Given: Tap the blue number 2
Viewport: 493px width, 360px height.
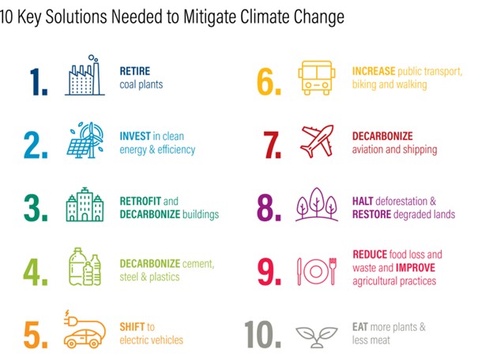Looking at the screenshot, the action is (x=36, y=145).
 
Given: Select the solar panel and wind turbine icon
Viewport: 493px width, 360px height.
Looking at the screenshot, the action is (x=85, y=140).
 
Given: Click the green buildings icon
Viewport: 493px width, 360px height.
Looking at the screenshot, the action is (x=85, y=204).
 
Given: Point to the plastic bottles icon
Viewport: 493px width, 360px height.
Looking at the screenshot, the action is (x=85, y=267).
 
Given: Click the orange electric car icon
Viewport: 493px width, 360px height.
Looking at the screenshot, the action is (x=85, y=329).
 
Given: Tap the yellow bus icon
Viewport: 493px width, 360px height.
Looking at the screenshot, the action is (x=317, y=78).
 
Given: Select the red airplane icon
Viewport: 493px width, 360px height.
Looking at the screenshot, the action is (x=317, y=141).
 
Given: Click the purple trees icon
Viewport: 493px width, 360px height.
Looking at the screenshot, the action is (x=317, y=204).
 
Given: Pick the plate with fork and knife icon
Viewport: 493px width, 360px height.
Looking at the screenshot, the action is (x=317, y=271).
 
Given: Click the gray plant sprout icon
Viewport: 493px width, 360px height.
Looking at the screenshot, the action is (x=317, y=337).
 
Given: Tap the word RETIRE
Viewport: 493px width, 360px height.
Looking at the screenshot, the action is (x=135, y=71).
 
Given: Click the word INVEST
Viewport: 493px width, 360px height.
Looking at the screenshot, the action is (x=135, y=137).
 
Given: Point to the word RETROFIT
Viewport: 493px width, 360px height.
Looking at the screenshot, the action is (x=140, y=201).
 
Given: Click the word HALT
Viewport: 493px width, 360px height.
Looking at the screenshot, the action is (x=363, y=201).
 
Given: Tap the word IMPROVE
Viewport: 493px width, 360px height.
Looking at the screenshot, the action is (x=416, y=268).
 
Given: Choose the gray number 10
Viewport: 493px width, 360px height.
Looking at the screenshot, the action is (x=262, y=335).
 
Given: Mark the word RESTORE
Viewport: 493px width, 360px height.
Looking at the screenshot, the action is (x=371, y=215).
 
